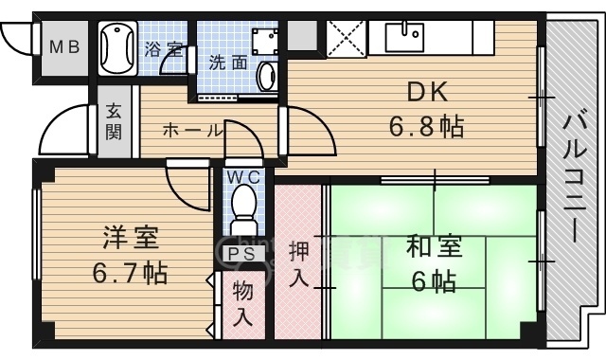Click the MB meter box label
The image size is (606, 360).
(x=64, y=46)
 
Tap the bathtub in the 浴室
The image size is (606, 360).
(x=117, y=47)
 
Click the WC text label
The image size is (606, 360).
(x=245, y=175)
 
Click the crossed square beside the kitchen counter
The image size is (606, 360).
(x=345, y=39)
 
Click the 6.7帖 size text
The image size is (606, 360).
(x=131, y=274)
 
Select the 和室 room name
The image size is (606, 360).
(x=435, y=247)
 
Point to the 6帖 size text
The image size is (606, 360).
(x=435, y=281)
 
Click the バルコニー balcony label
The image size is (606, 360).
(x=576, y=180)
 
